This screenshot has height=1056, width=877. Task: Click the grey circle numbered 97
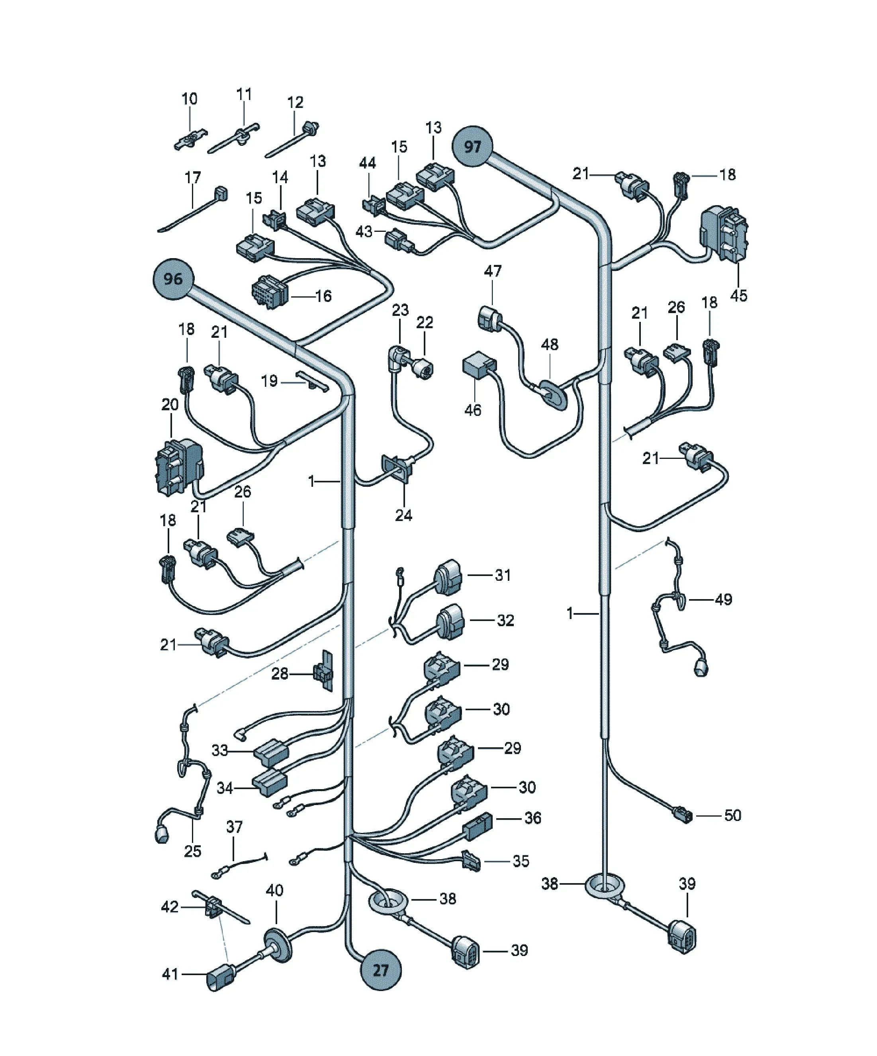click(472, 146)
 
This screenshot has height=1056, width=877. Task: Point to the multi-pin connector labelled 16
click(270, 292)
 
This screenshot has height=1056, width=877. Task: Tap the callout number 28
click(280, 673)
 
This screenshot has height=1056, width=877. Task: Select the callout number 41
click(170, 974)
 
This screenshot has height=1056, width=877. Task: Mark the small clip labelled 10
click(190, 140)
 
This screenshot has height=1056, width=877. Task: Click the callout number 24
click(403, 515)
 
